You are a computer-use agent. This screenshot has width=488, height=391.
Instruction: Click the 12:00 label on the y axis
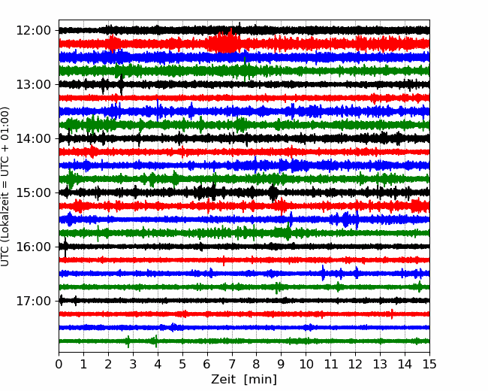[x=33, y=31]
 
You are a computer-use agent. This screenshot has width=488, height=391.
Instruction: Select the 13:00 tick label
[x=33, y=84]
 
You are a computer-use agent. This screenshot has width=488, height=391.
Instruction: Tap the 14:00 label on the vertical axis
[x=33, y=138]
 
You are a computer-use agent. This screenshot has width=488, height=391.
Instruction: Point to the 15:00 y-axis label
[x=33, y=192]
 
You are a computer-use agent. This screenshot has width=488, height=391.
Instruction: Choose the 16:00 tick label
[x=33, y=247]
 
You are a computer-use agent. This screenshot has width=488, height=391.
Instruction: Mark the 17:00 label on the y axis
[x=33, y=301]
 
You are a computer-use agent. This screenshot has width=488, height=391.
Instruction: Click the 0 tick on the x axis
[x=59, y=364]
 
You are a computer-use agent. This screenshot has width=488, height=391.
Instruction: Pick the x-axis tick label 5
[x=182, y=364]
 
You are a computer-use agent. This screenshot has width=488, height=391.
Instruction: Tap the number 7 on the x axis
[x=232, y=364]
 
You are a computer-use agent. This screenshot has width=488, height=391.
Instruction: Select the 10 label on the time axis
[x=306, y=364]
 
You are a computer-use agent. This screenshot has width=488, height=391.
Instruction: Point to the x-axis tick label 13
[x=380, y=364]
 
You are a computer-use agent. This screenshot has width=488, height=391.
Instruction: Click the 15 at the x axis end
[x=429, y=364]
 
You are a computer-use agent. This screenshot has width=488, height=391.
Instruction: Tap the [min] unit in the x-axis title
[x=261, y=380]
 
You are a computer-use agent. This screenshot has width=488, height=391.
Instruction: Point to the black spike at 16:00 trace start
[x=65, y=247]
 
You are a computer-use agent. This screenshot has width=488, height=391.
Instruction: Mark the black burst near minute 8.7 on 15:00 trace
[x=273, y=193]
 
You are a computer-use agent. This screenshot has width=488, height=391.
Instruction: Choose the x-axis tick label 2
[x=108, y=364]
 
